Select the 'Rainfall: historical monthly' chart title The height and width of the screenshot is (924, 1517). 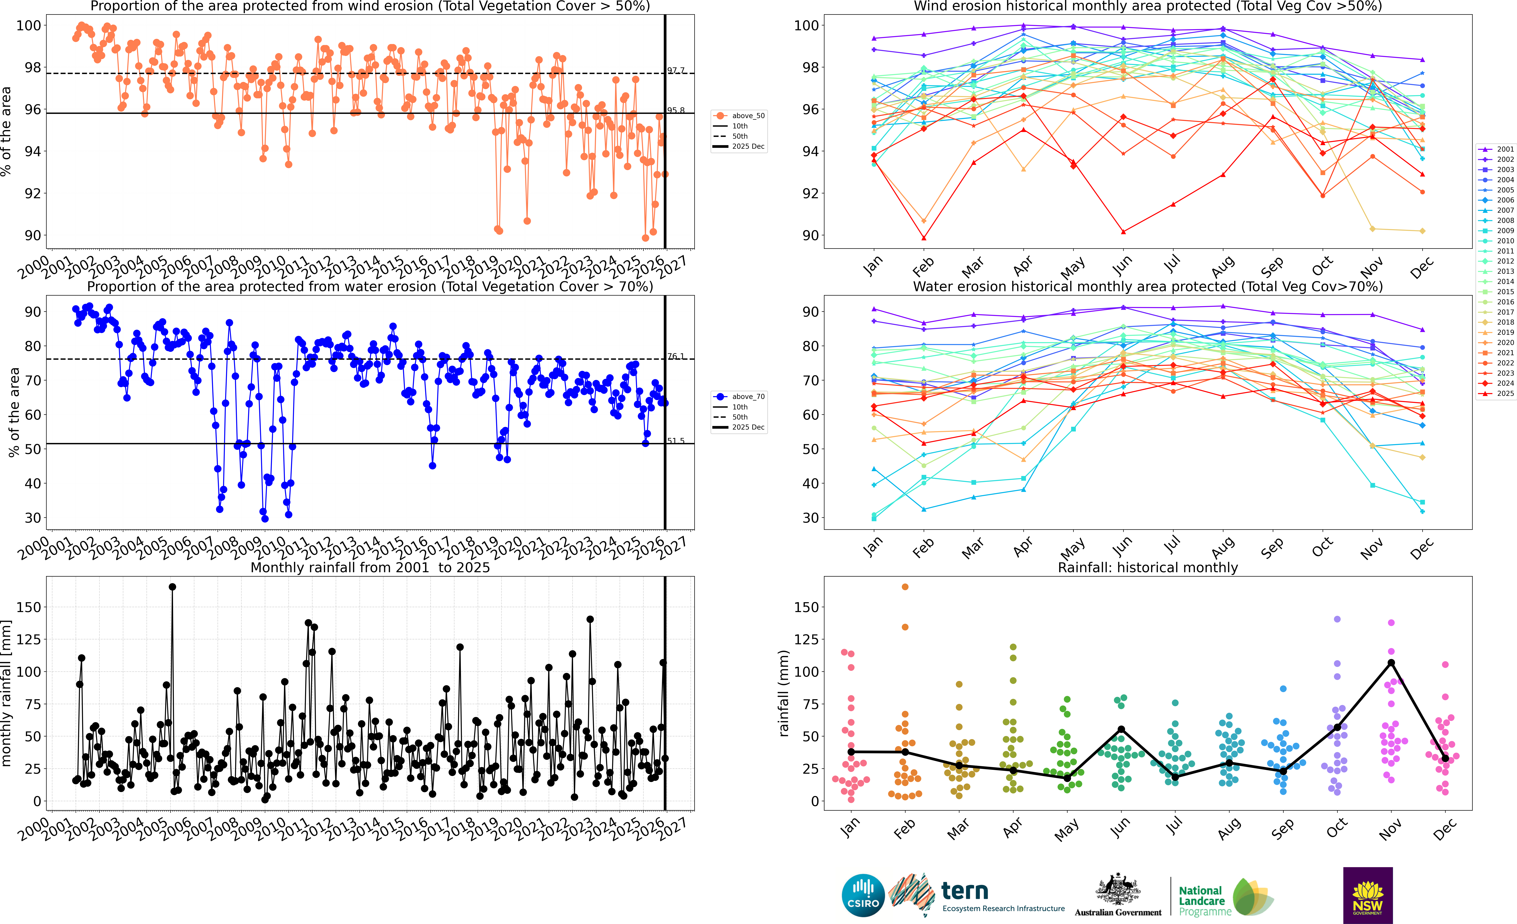pyautogui.click(x=1148, y=567)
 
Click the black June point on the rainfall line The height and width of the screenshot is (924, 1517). pyautogui.click(x=1121, y=729)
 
